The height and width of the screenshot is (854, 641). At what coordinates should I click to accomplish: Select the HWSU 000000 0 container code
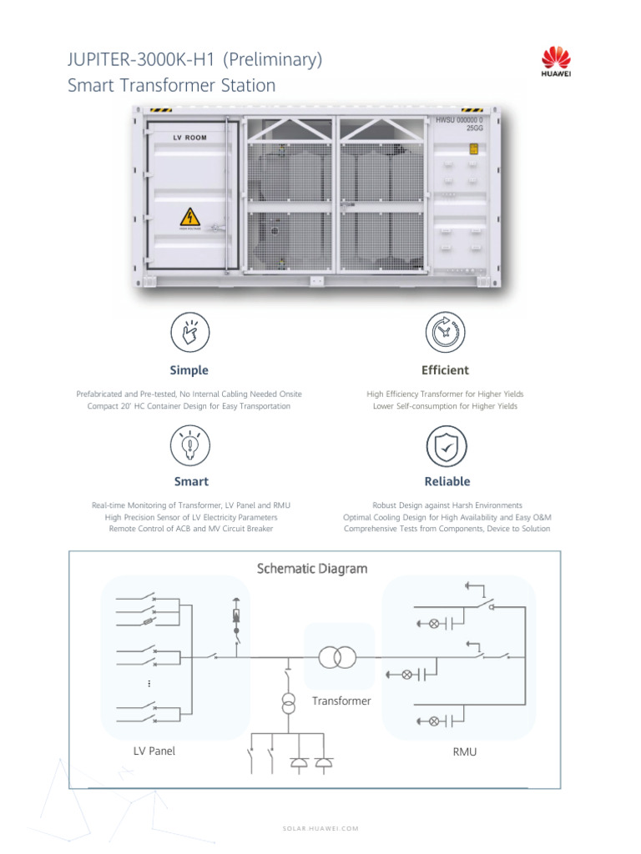tap(458, 121)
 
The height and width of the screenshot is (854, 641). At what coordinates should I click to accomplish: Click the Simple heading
tap(189, 370)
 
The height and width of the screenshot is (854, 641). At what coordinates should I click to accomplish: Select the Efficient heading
tap(446, 370)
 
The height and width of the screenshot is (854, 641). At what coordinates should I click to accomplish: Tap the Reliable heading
tap(447, 481)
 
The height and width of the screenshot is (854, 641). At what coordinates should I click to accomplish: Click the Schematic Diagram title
tap(311, 569)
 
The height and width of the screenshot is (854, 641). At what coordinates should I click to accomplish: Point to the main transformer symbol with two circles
tap(337, 657)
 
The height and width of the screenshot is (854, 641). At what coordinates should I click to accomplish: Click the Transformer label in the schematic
tap(341, 701)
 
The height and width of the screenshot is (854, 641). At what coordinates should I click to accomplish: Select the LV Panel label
tap(154, 751)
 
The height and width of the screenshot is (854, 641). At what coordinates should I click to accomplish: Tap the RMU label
tap(464, 751)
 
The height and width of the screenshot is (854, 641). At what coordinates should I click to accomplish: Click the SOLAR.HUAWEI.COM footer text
tap(320, 828)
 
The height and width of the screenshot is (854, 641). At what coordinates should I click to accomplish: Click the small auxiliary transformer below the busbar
tap(287, 702)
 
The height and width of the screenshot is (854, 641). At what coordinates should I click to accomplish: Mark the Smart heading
tap(191, 481)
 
